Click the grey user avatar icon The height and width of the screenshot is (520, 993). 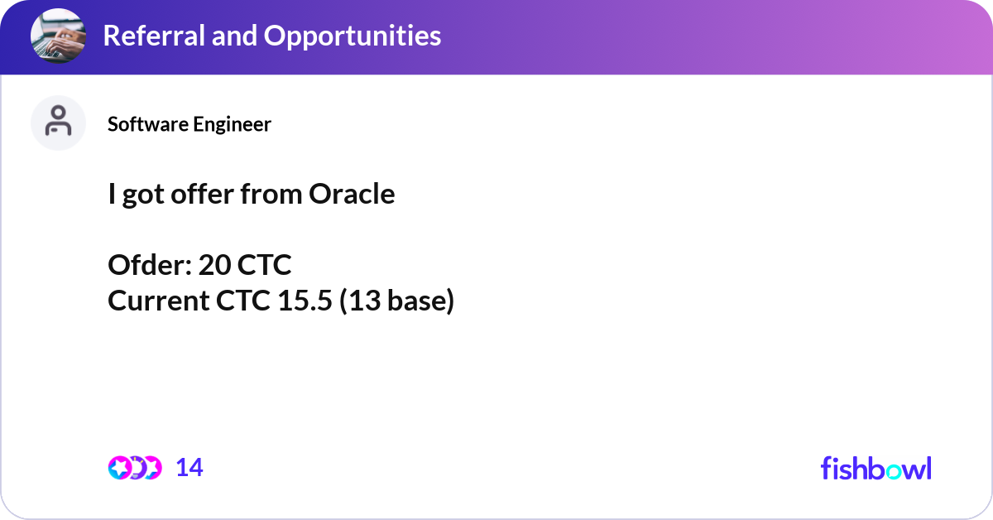pyautogui.click(x=58, y=123)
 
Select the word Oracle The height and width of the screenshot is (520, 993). pyautogui.click(x=352, y=194)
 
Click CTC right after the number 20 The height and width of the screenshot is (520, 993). pyautogui.click(x=265, y=265)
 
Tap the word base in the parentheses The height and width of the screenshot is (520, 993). pyautogui.click(x=418, y=301)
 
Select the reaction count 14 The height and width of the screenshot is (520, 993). pyautogui.click(x=189, y=468)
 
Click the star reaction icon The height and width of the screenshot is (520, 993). pyautogui.click(x=119, y=468)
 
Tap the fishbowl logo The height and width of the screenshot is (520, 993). pyautogui.click(x=875, y=468)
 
